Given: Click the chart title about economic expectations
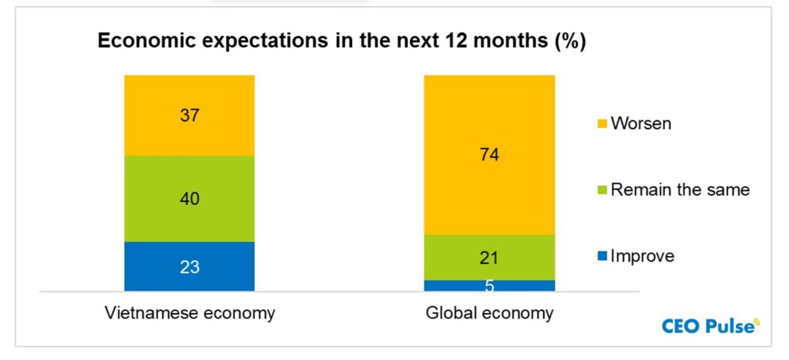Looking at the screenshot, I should point(341,42).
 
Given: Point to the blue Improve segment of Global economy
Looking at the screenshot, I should point(462,285).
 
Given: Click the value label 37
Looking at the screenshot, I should point(190,116).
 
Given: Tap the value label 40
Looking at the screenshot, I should point(190,199).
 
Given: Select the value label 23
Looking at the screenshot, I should point(190,267).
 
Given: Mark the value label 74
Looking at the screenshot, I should point(489,155).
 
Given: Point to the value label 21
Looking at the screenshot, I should point(489,257).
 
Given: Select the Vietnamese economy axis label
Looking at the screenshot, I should point(190,314).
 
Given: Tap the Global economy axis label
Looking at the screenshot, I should point(489,314).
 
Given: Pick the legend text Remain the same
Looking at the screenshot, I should point(680,190).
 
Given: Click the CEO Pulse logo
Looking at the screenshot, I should point(710,326).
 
